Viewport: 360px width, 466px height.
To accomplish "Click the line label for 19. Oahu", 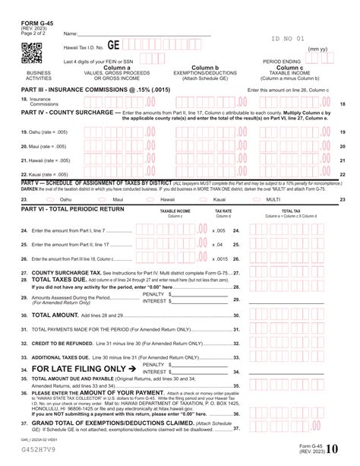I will point(39,132).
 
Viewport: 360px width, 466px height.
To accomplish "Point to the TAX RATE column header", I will point(223,211).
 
